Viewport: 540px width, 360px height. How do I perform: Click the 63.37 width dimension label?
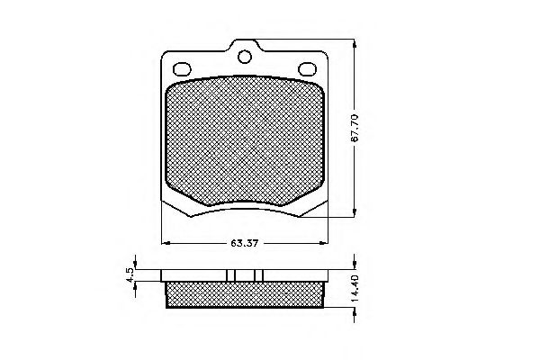point(239,242)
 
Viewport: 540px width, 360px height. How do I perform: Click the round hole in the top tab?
point(244,58)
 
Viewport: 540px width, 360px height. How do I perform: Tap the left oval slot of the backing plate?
point(181,67)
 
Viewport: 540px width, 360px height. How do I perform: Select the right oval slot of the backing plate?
point(306,67)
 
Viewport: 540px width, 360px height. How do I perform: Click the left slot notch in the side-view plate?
point(231,275)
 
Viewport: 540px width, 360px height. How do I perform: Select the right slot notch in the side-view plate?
point(256,275)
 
